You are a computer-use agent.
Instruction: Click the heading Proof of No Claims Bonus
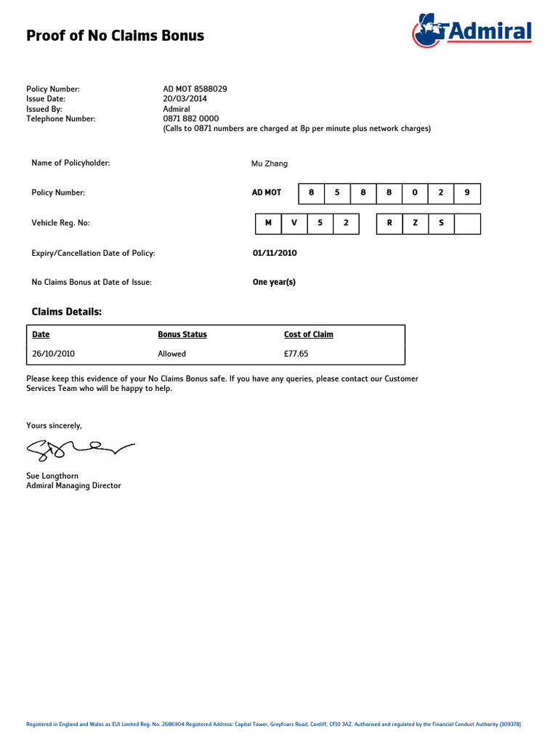pos(115,36)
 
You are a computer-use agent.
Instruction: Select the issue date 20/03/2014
pos(185,99)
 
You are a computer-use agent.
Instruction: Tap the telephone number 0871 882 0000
pos(190,118)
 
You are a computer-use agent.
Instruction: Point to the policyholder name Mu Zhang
pos(270,163)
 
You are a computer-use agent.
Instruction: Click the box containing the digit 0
pos(415,193)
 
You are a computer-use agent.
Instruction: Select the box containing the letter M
pos(268,223)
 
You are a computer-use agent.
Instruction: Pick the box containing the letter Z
pos(415,223)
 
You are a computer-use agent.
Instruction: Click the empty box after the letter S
pos(467,223)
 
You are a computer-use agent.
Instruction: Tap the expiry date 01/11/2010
pos(275,253)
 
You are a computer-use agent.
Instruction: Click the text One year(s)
pos(274,282)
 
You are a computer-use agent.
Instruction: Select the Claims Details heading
pos(67,312)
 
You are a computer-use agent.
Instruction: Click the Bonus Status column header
pos(182,334)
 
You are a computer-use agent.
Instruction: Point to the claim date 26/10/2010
pos(53,354)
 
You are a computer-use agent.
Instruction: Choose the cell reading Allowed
pos(172,354)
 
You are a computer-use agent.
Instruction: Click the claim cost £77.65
pos(296,354)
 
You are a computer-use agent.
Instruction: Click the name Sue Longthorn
pos(52,476)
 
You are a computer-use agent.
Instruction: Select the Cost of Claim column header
pos(309,334)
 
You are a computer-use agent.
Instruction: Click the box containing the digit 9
pos(467,193)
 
